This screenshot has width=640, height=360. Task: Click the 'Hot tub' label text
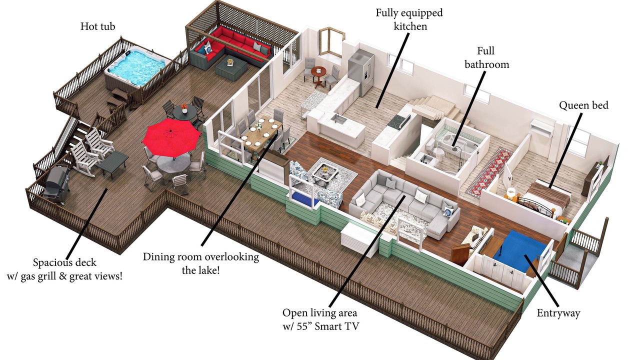tap(97, 26)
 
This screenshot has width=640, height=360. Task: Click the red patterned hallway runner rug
tap(489, 171)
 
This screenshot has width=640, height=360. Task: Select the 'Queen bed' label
tap(583, 105)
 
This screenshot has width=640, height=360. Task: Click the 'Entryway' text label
tap(558, 313)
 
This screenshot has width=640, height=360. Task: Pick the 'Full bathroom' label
tap(487, 57)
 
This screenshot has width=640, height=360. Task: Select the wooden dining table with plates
tap(262, 133)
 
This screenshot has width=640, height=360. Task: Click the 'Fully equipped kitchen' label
tap(409, 19)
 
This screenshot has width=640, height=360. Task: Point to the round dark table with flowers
tap(185, 111)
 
